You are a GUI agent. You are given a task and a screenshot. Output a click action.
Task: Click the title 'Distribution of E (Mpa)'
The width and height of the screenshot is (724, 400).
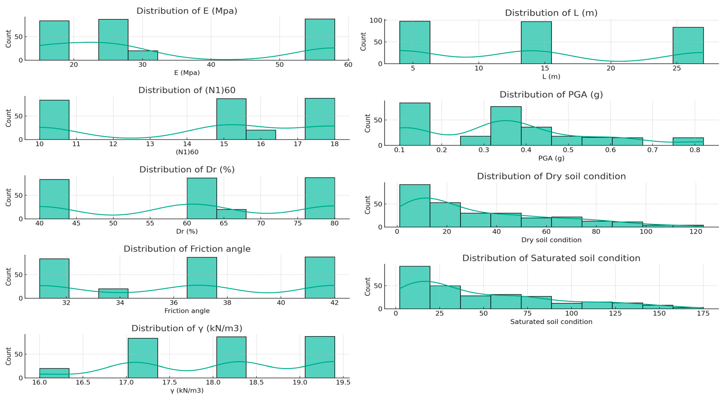[187, 11]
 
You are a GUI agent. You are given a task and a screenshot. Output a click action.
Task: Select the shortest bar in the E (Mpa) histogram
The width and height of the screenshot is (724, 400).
[143, 55]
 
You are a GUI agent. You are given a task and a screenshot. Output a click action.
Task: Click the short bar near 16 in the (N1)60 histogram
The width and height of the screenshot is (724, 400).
[261, 135]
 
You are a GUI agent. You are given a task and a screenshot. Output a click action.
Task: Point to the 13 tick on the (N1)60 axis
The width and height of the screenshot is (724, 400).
[150, 144]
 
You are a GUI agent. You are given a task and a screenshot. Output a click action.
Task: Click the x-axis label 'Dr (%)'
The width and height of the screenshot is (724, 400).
[187, 231]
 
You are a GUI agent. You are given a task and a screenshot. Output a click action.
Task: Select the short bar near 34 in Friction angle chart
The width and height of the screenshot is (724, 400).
[113, 293]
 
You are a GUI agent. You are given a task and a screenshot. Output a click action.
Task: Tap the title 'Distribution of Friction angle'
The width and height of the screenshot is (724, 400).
[187, 249]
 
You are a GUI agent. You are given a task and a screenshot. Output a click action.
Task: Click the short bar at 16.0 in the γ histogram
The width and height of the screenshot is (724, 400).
[54, 373]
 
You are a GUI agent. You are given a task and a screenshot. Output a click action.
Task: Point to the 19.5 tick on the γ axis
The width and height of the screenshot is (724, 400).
[343, 382]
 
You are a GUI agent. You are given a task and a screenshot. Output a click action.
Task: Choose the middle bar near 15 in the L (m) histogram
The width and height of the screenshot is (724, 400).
[536, 43]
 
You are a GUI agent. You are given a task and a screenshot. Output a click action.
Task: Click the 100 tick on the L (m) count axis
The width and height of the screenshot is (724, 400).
[376, 20]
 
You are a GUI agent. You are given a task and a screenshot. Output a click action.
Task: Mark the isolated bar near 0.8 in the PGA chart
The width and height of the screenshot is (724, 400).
[688, 141]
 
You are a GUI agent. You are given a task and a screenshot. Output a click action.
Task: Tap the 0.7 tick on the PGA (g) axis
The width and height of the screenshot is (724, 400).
[653, 150]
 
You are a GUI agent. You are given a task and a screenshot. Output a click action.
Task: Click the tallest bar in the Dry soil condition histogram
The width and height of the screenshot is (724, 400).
[415, 206]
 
